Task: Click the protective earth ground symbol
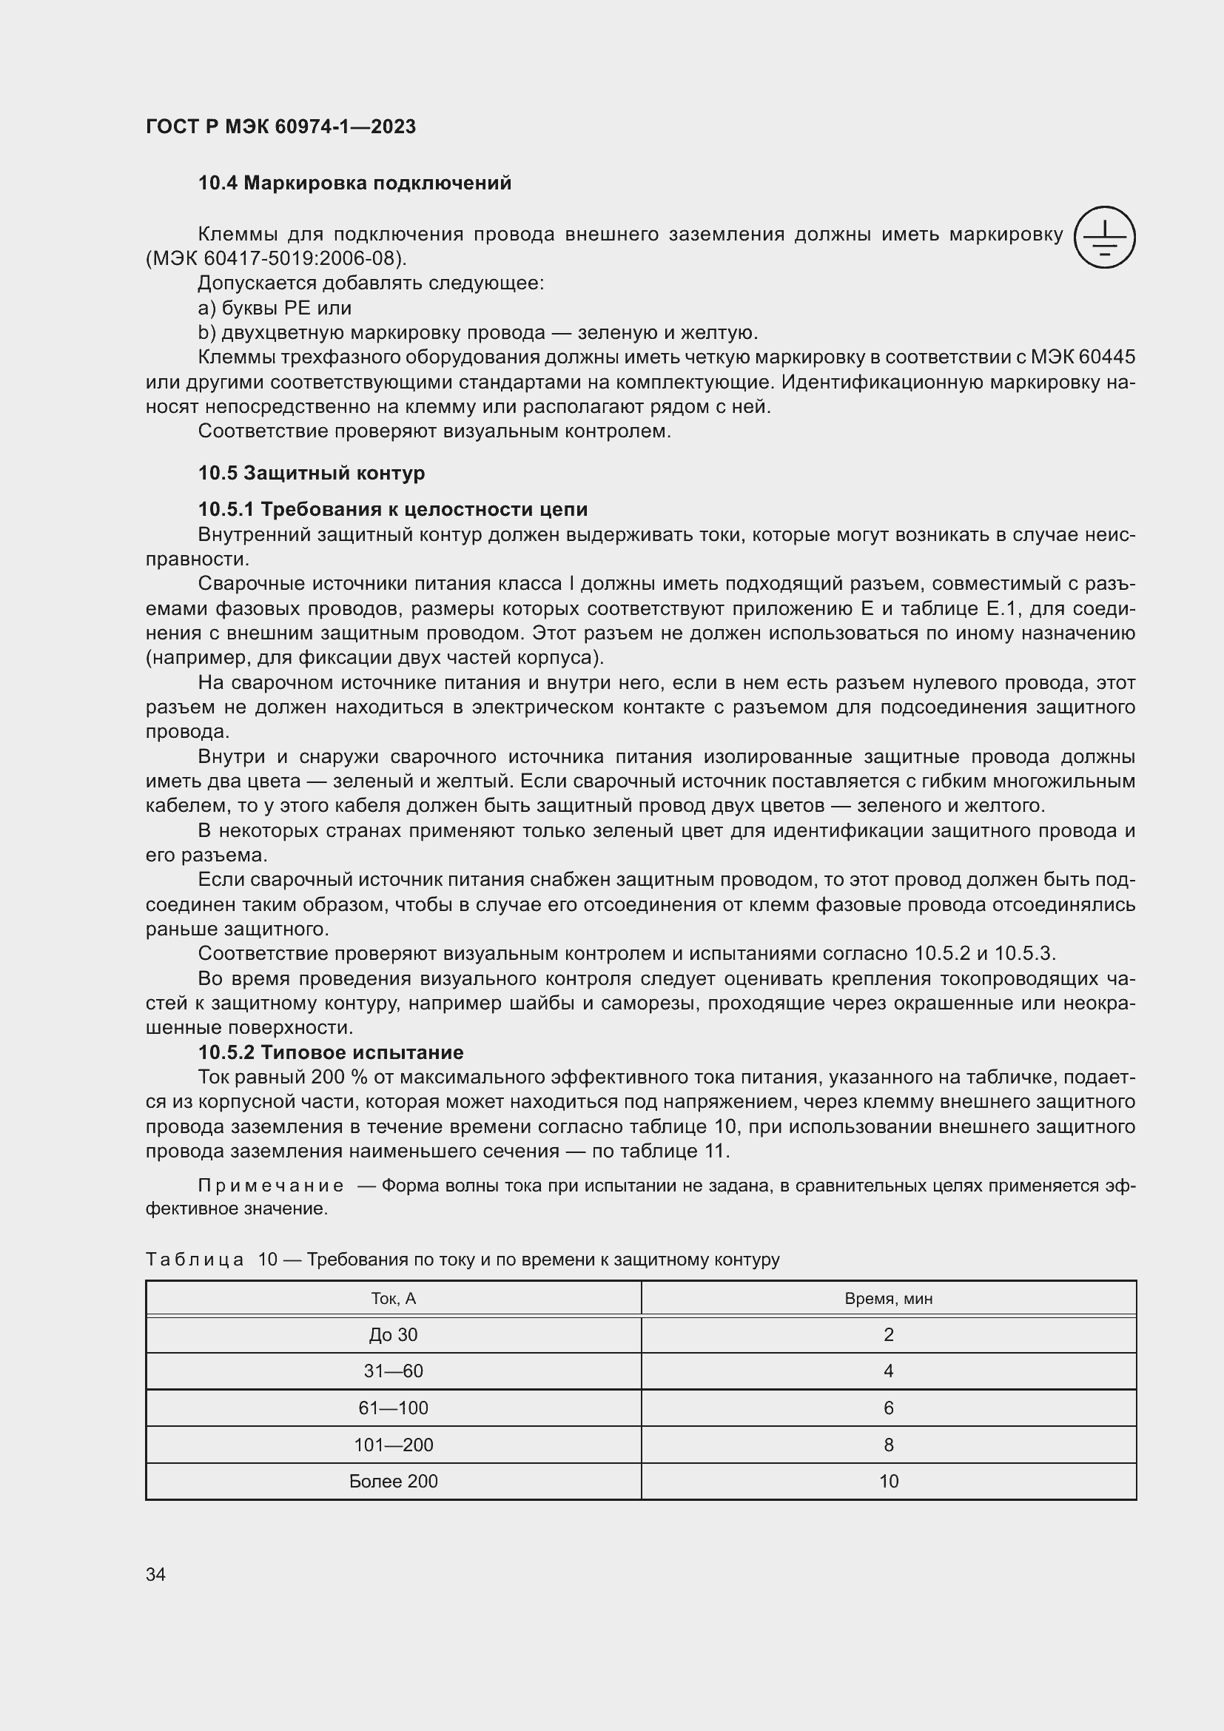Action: (x=1104, y=237)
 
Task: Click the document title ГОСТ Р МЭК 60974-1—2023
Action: (x=280, y=127)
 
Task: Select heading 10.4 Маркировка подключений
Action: (x=354, y=184)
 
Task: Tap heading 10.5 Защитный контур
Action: (x=312, y=473)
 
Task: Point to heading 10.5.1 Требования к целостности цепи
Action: (x=393, y=510)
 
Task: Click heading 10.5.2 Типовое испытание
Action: (x=331, y=1052)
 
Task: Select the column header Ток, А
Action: (x=394, y=1298)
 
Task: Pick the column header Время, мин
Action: (x=889, y=1298)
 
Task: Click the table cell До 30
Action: (x=394, y=1335)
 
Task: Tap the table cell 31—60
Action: (x=394, y=1371)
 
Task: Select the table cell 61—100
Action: (x=394, y=1408)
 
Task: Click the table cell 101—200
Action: (x=394, y=1445)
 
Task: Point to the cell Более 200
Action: (x=394, y=1482)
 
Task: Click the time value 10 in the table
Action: (x=889, y=1482)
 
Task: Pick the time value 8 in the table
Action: (x=889, y=1445)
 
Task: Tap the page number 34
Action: (x=156, y=1575)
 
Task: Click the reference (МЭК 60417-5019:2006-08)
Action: (x=276, y=258)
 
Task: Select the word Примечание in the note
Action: (x=271, y=1186)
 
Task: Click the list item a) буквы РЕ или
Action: (x=275, y=309)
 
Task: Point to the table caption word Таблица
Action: (x=195, y=1260)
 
